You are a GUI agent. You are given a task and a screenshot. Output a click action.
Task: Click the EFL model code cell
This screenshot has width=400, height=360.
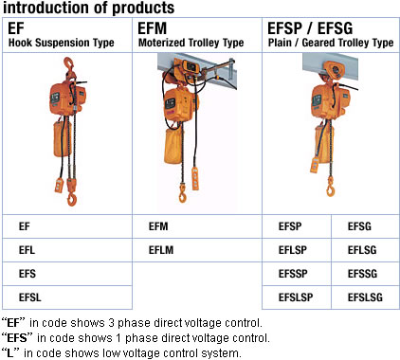click(67, 250)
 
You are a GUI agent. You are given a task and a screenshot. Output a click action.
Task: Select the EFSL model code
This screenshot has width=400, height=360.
click(67, 297)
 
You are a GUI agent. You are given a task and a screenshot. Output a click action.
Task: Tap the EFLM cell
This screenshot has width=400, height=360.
click(197, 250)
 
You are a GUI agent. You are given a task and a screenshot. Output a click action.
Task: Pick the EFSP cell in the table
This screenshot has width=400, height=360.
click(297, 226)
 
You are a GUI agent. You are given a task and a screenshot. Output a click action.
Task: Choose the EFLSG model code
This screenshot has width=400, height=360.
click(366, 250)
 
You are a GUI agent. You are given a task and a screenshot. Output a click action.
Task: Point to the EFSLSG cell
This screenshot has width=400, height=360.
click(366, 297)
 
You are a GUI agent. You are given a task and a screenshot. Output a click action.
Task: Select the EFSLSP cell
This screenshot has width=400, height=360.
click(297, 297)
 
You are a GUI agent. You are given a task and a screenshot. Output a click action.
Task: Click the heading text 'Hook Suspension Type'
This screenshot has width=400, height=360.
click(62, 43)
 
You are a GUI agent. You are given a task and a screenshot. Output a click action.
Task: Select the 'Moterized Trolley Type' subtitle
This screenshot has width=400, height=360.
click(191, 43)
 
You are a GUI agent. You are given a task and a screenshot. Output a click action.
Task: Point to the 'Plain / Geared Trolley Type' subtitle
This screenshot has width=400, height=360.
click(331, 43)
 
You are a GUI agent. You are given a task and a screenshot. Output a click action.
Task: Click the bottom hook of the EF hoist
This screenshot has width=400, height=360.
click(72, 200)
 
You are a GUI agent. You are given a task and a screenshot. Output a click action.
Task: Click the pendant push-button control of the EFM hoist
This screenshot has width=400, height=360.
click(195, 178)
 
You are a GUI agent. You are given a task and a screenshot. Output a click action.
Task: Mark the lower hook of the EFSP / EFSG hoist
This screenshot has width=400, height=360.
click(330, 188)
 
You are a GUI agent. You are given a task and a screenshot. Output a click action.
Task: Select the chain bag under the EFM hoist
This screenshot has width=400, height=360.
click(173, 146)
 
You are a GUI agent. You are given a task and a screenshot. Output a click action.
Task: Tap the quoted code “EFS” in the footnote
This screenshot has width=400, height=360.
click(17, 338)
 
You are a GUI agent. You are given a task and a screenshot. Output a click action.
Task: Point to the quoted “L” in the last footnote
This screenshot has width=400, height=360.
click(10, 353)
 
